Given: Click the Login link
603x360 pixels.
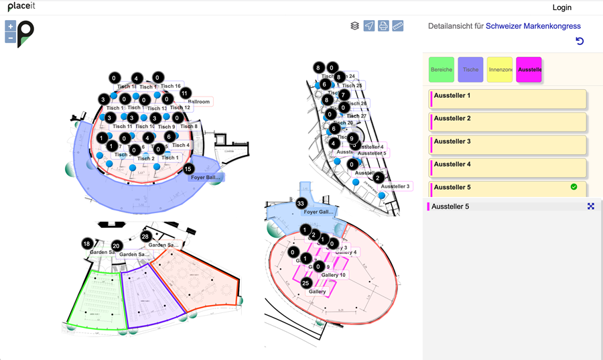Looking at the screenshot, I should [561, 7].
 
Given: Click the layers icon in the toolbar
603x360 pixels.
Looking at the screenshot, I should [354, 26].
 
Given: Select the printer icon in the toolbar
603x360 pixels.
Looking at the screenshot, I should [383, 26].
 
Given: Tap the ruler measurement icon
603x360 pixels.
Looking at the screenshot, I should [398, 26].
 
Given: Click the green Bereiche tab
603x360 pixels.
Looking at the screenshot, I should [442, 70].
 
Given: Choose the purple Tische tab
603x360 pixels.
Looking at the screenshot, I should [471, 70].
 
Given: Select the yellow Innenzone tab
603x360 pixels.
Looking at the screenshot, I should [500, 70].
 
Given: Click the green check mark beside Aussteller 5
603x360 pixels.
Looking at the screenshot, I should [574, 187].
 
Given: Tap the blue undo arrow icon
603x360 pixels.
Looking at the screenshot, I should [580, 42].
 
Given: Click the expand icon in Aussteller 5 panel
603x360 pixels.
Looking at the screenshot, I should [591, 206].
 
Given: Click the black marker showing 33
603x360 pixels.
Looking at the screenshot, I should [301, 203].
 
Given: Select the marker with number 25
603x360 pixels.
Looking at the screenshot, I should [306, 283].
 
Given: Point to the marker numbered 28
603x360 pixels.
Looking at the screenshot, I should [145, 237].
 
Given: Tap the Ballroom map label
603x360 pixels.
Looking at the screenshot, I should [199, 102].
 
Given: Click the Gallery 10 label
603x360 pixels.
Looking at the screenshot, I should [333, 275].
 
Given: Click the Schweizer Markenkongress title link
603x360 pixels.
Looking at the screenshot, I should [533, 26].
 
